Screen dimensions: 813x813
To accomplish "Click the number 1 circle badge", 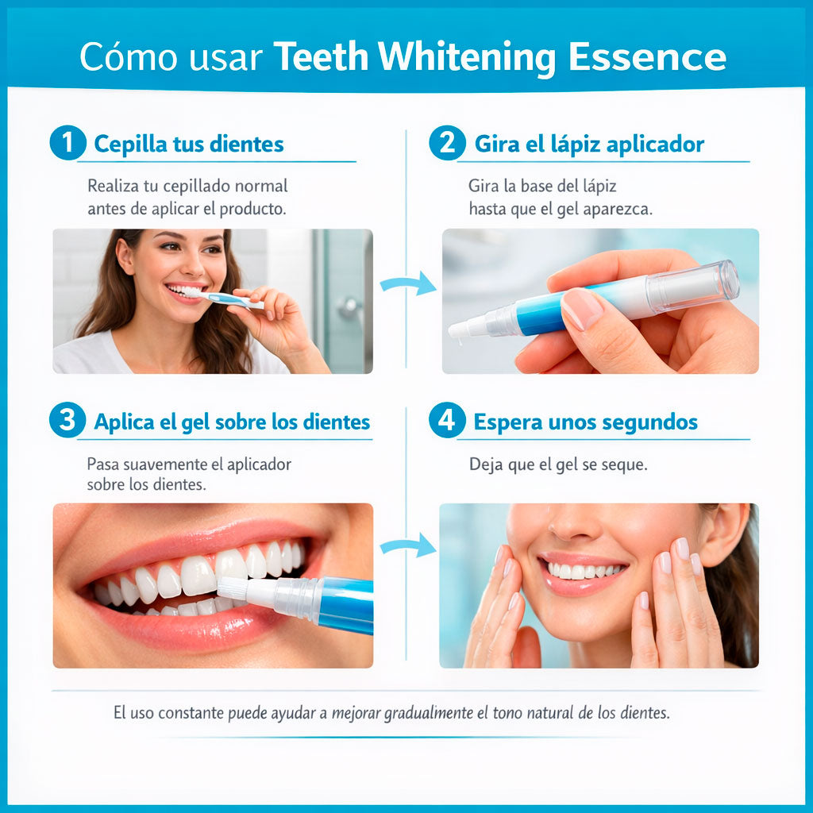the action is click(68, 143).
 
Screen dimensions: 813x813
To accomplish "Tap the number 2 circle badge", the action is click(448, 143).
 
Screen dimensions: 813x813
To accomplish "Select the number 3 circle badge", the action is click(68, 420).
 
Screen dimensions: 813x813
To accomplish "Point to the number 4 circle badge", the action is click(447, 420).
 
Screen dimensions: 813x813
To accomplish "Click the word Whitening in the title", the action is click(467, 57).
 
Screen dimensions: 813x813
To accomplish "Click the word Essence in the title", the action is click(647, 56).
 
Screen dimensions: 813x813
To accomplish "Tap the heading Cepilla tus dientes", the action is click(189, 144).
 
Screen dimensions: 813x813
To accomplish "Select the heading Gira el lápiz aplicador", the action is click(589, 144).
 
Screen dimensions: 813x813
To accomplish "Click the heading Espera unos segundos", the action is click(585, 422).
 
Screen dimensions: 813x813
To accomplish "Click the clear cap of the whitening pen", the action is click(692, 287).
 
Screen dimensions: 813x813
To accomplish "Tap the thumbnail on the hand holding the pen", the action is click(582, 309).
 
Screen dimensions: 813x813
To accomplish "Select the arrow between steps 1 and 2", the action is click(408, 283).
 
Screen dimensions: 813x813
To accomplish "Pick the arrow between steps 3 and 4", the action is click(408, 546).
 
